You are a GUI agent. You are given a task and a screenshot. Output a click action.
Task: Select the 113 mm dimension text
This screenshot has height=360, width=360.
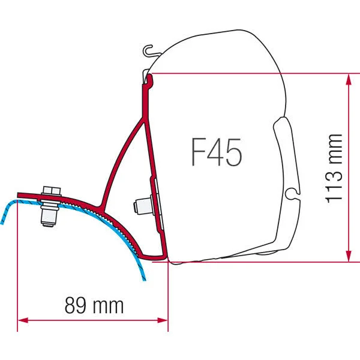pos(335,168)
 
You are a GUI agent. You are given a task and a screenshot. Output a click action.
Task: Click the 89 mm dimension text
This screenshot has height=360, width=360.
pos(94,306)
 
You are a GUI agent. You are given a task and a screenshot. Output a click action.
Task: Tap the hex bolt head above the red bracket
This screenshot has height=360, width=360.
pos(52,193)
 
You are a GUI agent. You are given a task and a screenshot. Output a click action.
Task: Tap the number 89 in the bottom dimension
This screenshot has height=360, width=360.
pos(76,306)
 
